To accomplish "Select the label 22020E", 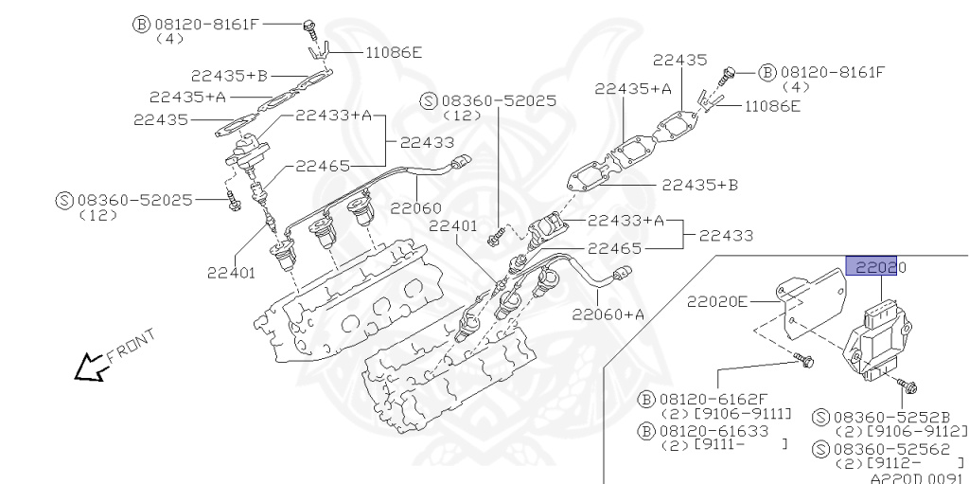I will click(717, 302).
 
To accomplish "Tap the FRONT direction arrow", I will click(91, 366).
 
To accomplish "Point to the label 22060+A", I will click(608, 314).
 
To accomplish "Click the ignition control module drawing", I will click(885, 341).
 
